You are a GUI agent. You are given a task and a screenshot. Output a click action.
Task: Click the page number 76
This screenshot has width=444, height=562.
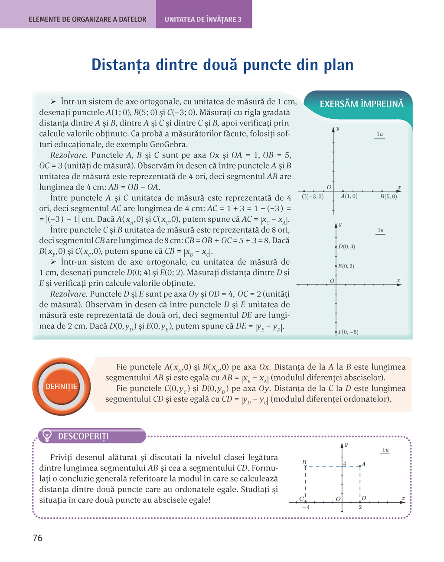(38, 538)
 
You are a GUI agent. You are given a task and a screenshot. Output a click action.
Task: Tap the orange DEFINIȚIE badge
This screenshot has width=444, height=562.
(61, 386)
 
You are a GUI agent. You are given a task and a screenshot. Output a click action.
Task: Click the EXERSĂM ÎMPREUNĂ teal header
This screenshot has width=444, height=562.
(361, 104)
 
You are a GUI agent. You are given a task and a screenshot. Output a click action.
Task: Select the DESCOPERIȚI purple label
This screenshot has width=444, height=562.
(83, 436)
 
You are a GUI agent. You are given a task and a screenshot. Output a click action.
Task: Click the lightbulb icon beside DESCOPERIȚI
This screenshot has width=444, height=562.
(47, 436)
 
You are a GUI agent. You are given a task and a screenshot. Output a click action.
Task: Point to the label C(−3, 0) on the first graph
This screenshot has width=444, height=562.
(312, 197)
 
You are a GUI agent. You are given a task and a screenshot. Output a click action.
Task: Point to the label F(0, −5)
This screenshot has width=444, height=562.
(348, 332)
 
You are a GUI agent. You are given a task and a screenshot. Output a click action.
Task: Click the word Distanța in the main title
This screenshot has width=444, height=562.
(121, 65)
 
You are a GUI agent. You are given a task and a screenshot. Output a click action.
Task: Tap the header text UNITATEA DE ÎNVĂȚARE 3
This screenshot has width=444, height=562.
(203, 19)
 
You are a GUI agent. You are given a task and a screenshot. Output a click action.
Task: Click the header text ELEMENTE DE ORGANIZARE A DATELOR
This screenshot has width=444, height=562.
(87, 19)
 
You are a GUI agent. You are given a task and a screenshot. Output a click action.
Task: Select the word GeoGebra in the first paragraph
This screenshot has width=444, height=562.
(169, 144)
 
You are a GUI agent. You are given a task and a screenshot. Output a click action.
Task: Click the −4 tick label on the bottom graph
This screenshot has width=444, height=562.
(306, 507)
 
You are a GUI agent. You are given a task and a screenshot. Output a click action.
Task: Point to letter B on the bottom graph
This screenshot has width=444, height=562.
(304, 462)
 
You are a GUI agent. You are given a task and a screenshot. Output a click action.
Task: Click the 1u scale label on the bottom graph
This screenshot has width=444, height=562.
(385, 450)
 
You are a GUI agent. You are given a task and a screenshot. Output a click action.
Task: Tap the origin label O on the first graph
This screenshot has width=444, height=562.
(329, 187)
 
